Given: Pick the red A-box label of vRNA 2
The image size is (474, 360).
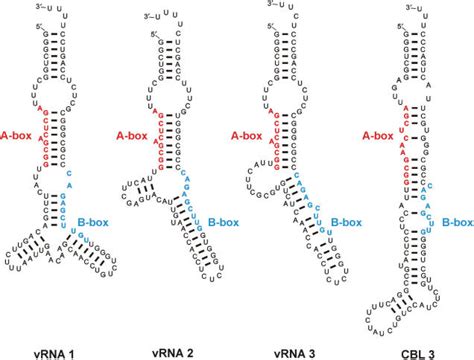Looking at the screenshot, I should [135, 131].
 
